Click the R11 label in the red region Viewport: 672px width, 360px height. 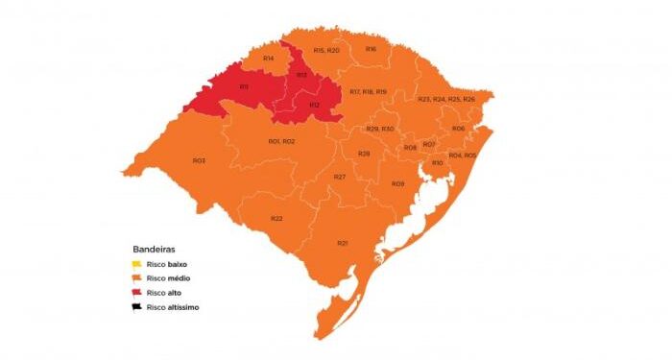coord(244,87)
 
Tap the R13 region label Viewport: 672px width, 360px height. coord(300,75)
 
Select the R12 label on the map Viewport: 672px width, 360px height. coord(314,105)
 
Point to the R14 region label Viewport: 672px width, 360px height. coord(269,59)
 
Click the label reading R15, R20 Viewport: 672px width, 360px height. coord(326,50)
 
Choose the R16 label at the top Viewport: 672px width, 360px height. coord(371,48)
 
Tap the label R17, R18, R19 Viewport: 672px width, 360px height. coord(368,91)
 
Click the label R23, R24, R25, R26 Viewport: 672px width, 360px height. coord(446,100)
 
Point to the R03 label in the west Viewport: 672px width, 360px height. coord(199,160)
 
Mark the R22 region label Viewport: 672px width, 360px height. coord(276,219)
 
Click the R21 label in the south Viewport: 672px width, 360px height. coord(342,243)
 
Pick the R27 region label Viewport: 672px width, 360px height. coord(340,177)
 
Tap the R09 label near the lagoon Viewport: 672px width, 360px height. coord(397,183)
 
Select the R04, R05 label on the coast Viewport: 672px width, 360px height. coord(463,155)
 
